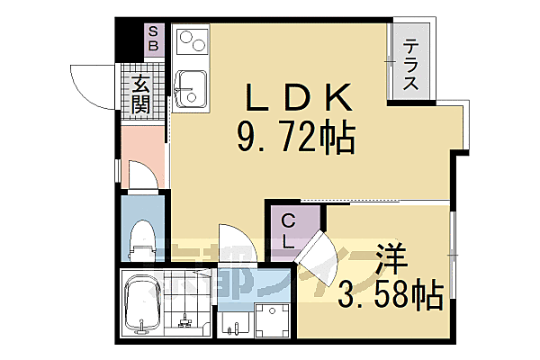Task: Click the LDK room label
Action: (294, 96)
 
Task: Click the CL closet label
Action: (288, 230)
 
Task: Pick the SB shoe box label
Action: (153, 37)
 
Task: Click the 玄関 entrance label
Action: (141, 94)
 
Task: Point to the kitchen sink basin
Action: (191, 88)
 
